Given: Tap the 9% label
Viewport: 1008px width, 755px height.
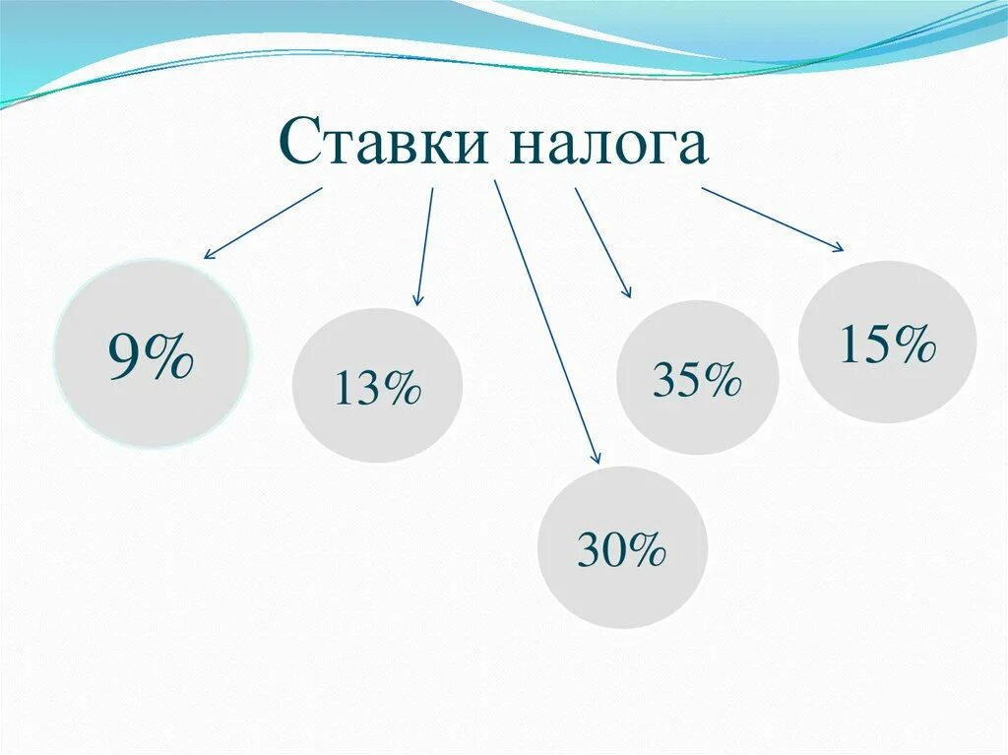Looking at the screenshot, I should tap(151, 358).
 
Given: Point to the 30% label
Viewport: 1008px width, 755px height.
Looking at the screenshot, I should tap(622, 550).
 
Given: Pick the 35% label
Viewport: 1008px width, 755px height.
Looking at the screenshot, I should tap(696, 380).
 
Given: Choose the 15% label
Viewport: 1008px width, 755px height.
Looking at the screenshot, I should tap(887, 346).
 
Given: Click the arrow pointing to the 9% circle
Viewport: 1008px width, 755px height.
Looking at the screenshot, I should tap(263, 223).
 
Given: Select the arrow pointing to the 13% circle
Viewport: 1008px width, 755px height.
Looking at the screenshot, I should tap(425, 246).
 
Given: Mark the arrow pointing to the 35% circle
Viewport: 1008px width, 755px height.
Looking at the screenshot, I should tap(602, 242).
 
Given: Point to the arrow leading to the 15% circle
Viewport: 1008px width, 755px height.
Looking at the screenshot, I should tap(773, 220).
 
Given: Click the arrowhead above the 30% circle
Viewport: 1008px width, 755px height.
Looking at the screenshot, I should tap(595, 456).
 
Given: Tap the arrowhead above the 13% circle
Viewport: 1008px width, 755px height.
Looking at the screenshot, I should tap(417, 299).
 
